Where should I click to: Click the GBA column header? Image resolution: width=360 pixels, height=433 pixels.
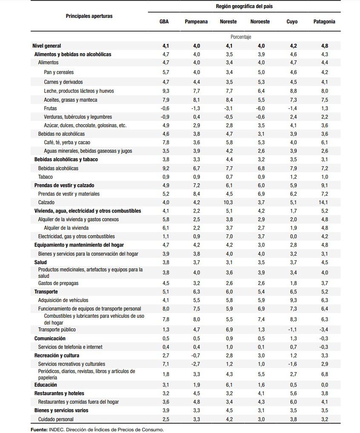[x=164, y=22]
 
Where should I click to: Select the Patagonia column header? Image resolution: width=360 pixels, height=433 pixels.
[x=324, y=22]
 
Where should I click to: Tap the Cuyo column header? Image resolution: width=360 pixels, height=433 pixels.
[x=292, y=22]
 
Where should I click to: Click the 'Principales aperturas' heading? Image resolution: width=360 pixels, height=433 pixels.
[x=89, y=16]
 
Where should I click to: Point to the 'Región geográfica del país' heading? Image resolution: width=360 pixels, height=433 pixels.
[x=244, y=6]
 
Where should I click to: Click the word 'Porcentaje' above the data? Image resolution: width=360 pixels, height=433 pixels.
[x=241, y=37]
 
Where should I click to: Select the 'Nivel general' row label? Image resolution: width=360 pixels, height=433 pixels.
[x=47, y=46]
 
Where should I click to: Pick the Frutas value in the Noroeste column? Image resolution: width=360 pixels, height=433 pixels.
[x=260, y=108]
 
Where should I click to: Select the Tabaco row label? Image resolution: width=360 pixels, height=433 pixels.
[x=46, y=177]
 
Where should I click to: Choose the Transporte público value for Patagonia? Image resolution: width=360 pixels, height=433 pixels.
[x=324, y=330]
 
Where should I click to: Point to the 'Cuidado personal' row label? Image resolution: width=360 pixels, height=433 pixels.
[x=56, y=419]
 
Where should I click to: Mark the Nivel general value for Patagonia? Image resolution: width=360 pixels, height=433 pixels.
[x=324, y=46]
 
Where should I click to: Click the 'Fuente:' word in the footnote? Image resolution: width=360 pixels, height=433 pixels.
[x=39, y=430]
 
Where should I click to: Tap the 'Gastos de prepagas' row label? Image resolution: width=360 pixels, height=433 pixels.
[x=58, y=283]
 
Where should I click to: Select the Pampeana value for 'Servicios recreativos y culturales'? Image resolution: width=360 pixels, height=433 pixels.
[x=196, y=364]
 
